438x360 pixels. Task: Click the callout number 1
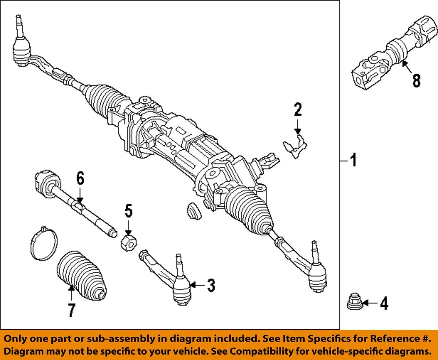[x=353, y=161]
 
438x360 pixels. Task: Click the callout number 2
[x=297, y=109]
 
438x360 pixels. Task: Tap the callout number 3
[x=211, y=286]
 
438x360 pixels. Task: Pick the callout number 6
[x=80, y=179]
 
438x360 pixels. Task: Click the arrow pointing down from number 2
[x=297, y=127]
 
